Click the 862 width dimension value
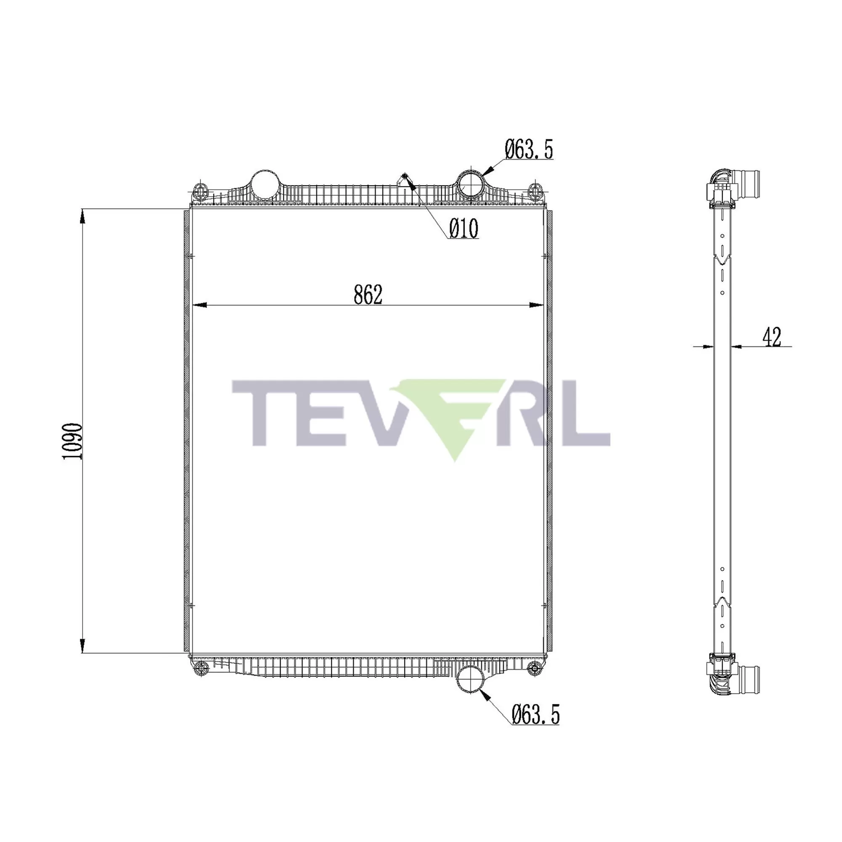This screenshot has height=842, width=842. [x=368, y=295]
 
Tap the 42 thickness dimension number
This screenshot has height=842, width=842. [x=772, y=337]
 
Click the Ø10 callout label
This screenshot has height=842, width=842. [x=464, y=229]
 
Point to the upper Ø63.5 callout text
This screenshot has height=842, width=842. [x=529, y=149]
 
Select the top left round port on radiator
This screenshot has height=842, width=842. [x=264, y=184]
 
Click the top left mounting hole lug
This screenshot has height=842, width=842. [x=200, y=190]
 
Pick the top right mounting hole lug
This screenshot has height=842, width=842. [x=535, y=190]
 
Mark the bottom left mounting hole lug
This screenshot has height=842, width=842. [x=200, y=680]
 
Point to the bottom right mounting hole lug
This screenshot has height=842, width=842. [x=534, y=680]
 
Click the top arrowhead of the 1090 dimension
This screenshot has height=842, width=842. [x=83, y=216]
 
